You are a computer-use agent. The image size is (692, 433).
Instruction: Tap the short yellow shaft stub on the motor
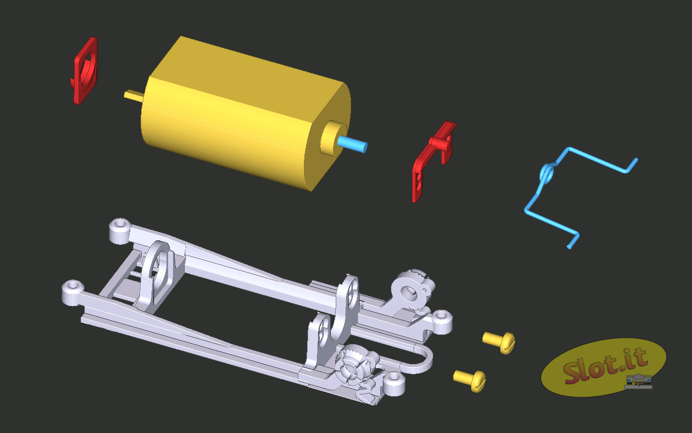coord(133,95)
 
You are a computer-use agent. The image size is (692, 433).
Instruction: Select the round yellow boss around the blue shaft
coord(333,138)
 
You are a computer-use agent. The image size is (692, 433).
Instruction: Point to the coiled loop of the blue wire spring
coord(547,174)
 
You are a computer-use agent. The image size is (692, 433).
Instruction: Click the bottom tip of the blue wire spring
coord(569,247)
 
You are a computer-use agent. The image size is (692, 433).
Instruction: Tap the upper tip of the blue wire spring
coord(636,160)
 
